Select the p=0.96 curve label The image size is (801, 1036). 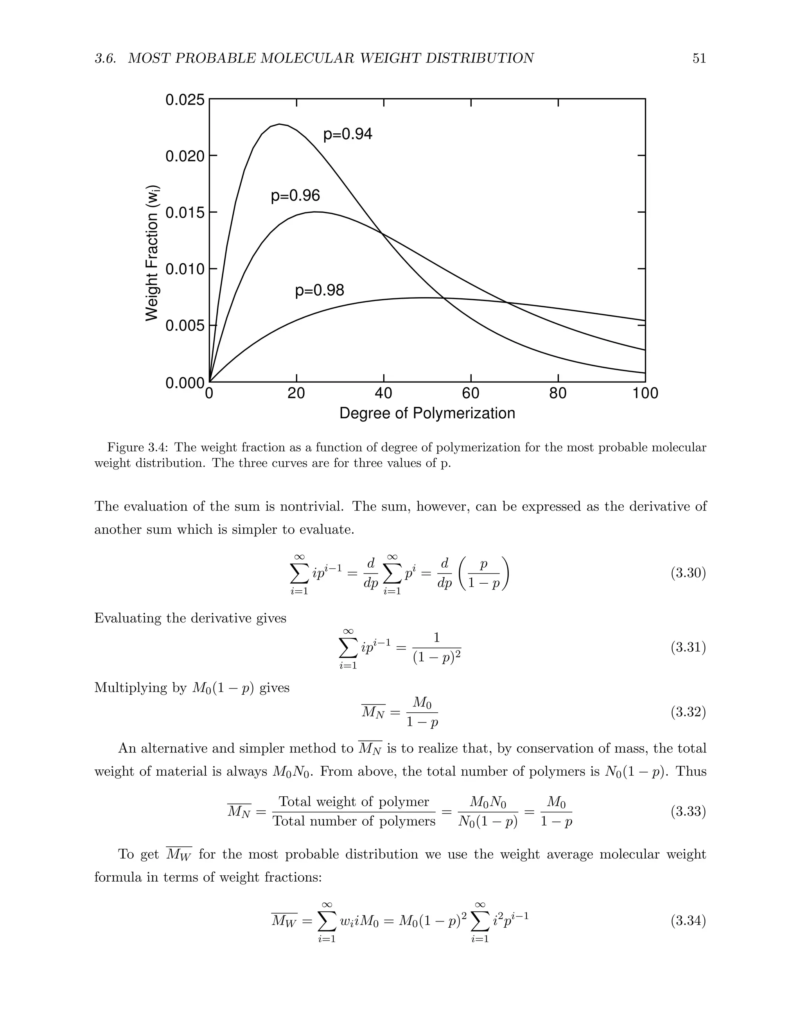(x=295, y=195)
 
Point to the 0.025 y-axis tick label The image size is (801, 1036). (x=185, y=100)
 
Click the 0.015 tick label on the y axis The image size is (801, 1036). (x=185, y=213)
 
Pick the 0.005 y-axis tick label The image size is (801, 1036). (x=185, y=326)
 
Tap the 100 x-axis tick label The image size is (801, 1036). (x=645, y=393)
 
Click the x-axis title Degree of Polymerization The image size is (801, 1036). (x=427, y=413)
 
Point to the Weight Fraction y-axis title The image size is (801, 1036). (x=152, y=252)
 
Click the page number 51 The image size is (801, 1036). (x=699, y=58)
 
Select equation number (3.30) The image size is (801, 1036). (x=688, y=573)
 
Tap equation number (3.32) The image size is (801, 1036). (x=688, y=712)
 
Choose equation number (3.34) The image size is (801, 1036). (x=688, y=921)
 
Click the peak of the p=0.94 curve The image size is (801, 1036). (x=280, y=124)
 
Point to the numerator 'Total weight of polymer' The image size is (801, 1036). (x=354, y=802)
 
